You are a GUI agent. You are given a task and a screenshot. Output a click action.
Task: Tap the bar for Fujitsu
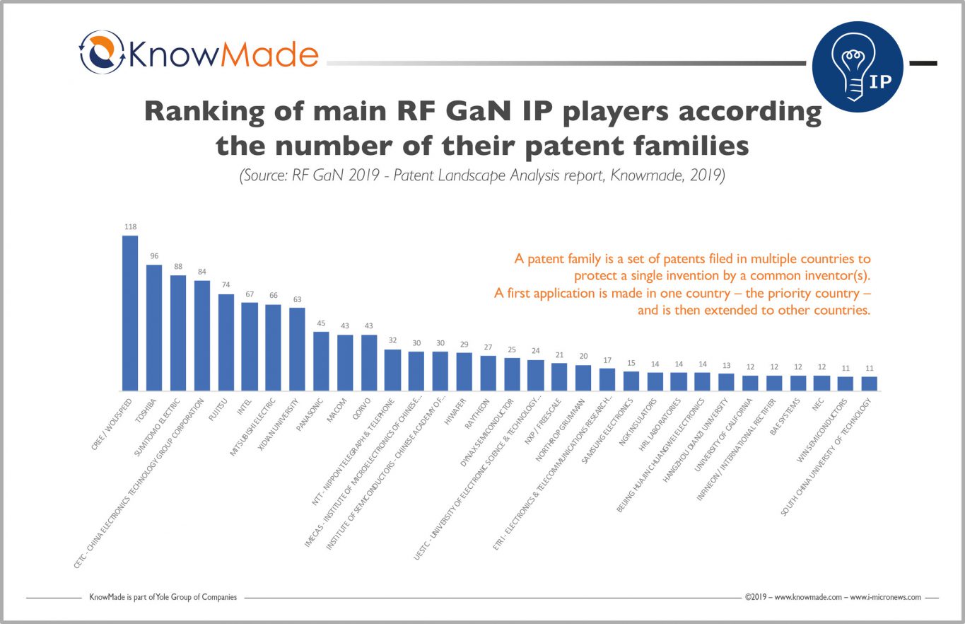(x=226, y=342)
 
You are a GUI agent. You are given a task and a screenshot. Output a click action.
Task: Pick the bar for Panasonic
(x=321, y=361)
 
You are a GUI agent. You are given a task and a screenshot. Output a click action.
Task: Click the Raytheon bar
(x=488, y=373)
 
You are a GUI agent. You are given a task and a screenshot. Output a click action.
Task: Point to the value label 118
(x=130, y=227)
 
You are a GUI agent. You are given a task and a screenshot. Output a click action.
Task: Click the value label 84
(x=201, y=272)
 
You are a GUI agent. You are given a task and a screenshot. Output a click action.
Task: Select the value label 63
(x=297, y=299)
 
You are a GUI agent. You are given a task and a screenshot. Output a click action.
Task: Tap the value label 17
(x=607, y=360)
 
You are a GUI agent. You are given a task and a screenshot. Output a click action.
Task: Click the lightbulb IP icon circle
(x=858, y=67)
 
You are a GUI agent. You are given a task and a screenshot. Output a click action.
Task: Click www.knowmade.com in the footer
(x=807, y=597)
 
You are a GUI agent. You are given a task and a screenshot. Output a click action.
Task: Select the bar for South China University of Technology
(x=869, y=383)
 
